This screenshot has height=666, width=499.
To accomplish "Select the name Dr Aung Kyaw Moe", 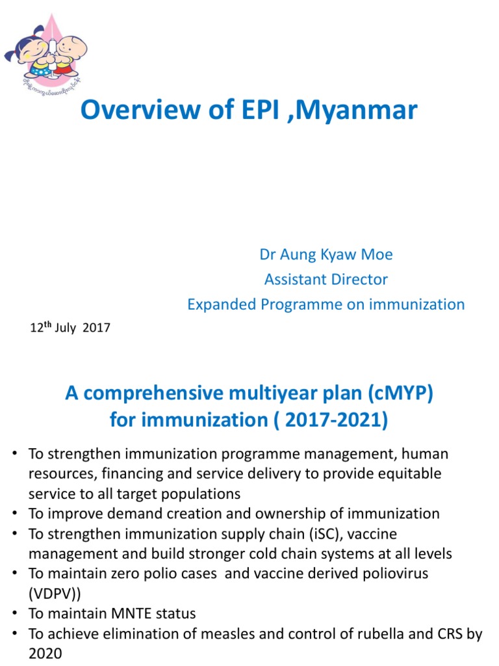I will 326,254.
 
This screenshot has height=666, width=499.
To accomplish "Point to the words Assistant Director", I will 326,280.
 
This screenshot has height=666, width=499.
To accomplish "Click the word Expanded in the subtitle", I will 216,304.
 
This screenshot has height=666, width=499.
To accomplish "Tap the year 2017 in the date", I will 97,328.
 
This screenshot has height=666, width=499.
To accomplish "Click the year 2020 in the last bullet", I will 44,654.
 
